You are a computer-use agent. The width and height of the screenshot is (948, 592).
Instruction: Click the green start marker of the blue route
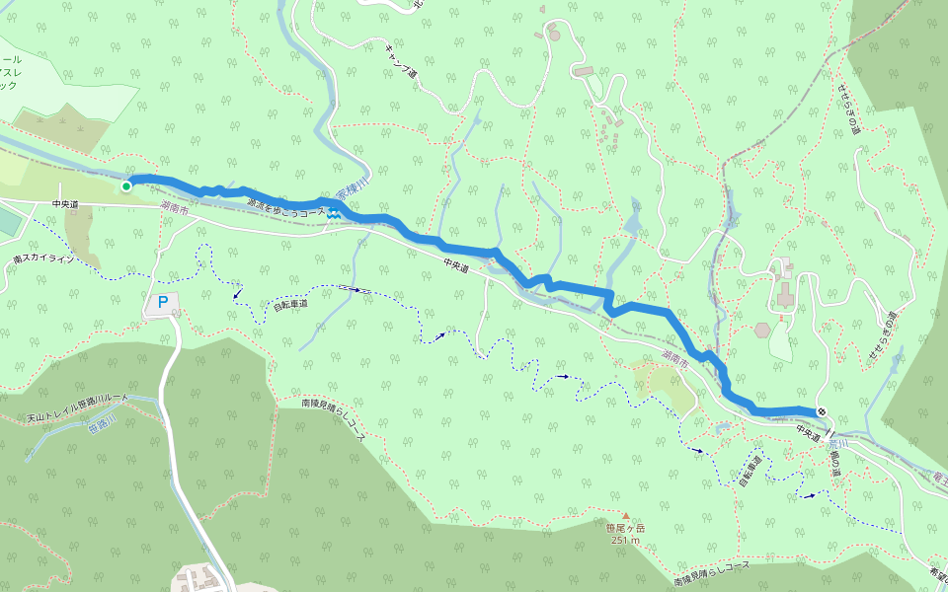[126, 185]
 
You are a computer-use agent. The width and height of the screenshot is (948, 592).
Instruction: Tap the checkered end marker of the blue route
[822, 411]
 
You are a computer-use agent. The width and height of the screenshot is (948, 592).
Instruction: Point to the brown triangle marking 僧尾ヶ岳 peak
[624, 515]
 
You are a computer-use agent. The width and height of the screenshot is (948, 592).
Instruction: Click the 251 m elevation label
[624, 540]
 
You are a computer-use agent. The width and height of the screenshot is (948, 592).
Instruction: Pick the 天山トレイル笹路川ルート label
[78, 397]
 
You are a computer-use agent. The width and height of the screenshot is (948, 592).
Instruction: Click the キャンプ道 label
[400, 58]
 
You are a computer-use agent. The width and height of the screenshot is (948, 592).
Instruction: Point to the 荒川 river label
[837, 445]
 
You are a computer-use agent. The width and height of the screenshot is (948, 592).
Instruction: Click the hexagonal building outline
[761, 330]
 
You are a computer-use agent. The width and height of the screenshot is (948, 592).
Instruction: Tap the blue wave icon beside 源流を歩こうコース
[335, 211]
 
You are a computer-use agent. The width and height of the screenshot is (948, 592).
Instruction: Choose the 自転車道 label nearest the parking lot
[290, 305]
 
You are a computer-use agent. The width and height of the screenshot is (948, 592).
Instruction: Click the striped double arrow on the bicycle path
[355, 289]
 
